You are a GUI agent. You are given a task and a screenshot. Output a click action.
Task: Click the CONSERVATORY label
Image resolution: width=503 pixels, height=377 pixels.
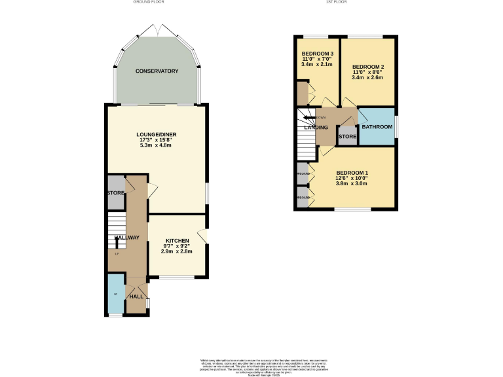click(x=157, y=71)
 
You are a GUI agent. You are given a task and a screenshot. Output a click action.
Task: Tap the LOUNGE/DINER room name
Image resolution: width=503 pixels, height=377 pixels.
click(x=158, y=135)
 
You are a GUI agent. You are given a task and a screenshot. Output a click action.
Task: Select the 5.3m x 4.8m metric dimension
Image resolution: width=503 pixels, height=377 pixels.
click(x=158, y=145)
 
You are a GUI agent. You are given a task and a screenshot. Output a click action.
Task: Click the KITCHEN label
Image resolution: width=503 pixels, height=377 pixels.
click(x=177, y=240)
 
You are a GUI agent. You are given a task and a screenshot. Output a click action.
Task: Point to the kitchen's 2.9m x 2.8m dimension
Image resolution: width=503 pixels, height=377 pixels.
click(x=177, y=251)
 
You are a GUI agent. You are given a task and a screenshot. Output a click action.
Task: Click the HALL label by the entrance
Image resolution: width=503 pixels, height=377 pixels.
click(x=136, y=296)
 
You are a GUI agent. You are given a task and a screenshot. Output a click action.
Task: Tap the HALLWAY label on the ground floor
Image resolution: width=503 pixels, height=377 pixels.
click(x=127, y=238)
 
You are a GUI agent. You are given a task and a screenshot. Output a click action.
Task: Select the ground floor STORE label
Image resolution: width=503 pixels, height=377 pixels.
click(x=116, y=193)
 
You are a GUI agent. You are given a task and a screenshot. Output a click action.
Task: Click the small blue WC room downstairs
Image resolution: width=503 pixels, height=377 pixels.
click(x=115, y=294)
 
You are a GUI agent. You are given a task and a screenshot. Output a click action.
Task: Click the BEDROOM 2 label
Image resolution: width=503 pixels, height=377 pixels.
click(x=367, y=67)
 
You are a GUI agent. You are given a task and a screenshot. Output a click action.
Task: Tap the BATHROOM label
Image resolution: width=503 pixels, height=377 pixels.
click(x=377, y=127)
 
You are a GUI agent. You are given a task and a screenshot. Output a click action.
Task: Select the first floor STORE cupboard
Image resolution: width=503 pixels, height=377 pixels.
click(x=347, y=137)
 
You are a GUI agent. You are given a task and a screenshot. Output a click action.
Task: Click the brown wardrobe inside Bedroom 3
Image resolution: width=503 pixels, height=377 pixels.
click(x=302, y=94)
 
